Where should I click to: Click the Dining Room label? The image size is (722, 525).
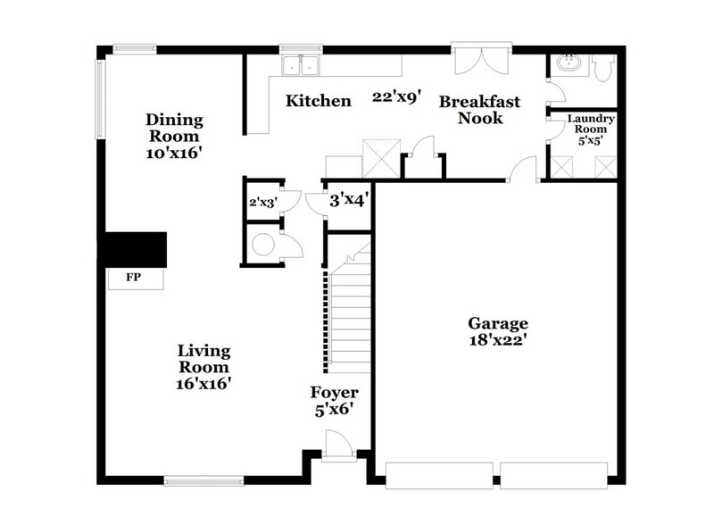(175, 129)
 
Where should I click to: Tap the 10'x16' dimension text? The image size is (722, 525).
(175, 153)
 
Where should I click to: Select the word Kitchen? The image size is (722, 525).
(318, 101)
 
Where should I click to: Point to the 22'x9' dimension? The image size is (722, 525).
(397, 96)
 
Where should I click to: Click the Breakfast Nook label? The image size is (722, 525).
(479, 110)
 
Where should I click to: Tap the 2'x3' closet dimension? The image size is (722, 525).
(263, 203)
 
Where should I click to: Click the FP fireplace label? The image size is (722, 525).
(133, 279)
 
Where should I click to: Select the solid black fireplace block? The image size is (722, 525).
(134, 249)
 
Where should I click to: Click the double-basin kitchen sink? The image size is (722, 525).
(301, 66)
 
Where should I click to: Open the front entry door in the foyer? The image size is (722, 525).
(339, 445)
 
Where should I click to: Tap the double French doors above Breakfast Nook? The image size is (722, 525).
(482, 59)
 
